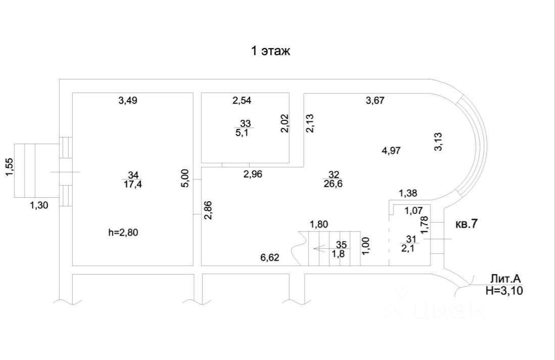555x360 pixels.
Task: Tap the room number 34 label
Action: click(x=132, y=175)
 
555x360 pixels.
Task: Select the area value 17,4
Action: click(x=132, y=185)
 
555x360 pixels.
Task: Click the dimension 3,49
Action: click(x=128, y=100)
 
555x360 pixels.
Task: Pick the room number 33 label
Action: click(x=245, y=124)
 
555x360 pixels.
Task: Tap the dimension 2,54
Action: click(x=242, y=100)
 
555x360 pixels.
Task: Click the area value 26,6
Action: click(x=333, y=185)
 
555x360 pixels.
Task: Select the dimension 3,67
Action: click(x=375, y=100)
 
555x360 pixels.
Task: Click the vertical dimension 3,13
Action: click(x=439, y=142)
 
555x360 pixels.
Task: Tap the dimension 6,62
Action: click(x=269, y=257)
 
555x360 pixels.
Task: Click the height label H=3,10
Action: click(x=504, y=290)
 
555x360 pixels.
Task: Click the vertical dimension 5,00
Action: click(x=185, y=178)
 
